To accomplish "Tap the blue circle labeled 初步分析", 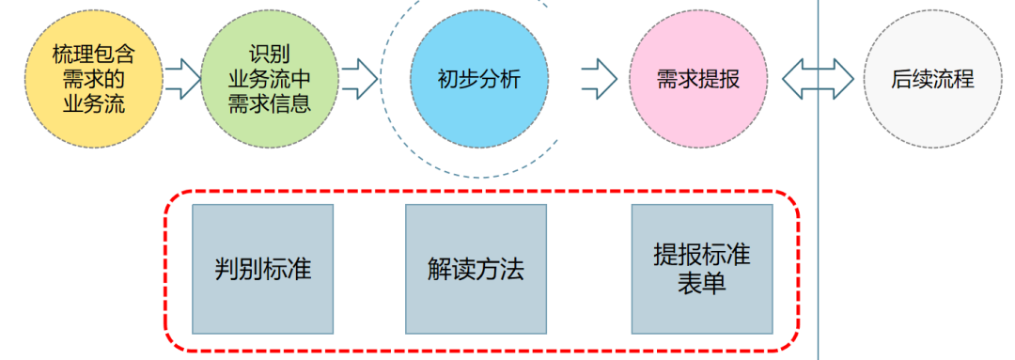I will tap(478, 79).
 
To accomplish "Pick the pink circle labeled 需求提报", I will tap(696, 79).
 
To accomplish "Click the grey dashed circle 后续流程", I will tap(930, 79).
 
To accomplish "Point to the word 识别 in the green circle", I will tap(269, 55).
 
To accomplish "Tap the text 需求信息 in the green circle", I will tap(269, 102).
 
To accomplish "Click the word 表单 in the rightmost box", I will tap(701, 284).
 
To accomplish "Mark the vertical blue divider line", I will tap(818, 235).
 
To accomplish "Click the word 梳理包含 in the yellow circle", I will tap(89, 55).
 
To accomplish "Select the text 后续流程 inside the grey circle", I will tap(931, 79).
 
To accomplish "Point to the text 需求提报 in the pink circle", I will tap(697, 79).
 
